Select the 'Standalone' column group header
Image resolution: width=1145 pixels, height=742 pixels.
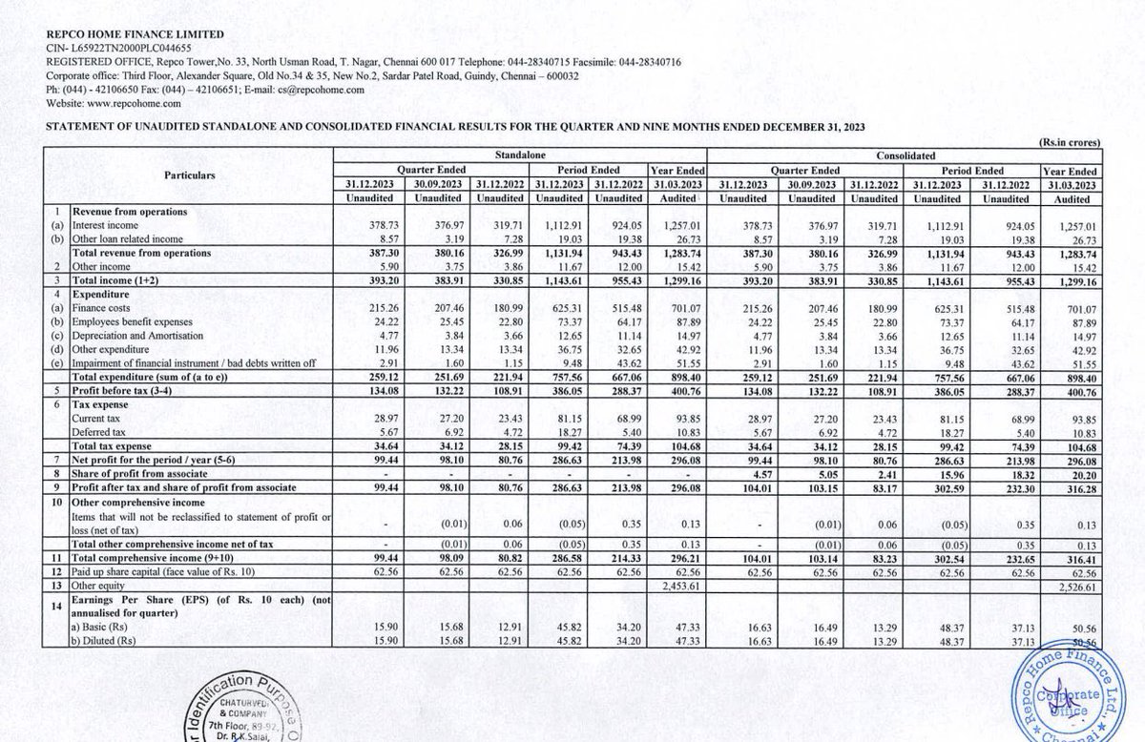point(519,153)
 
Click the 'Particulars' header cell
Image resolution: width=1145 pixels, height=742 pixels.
point(190,175)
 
